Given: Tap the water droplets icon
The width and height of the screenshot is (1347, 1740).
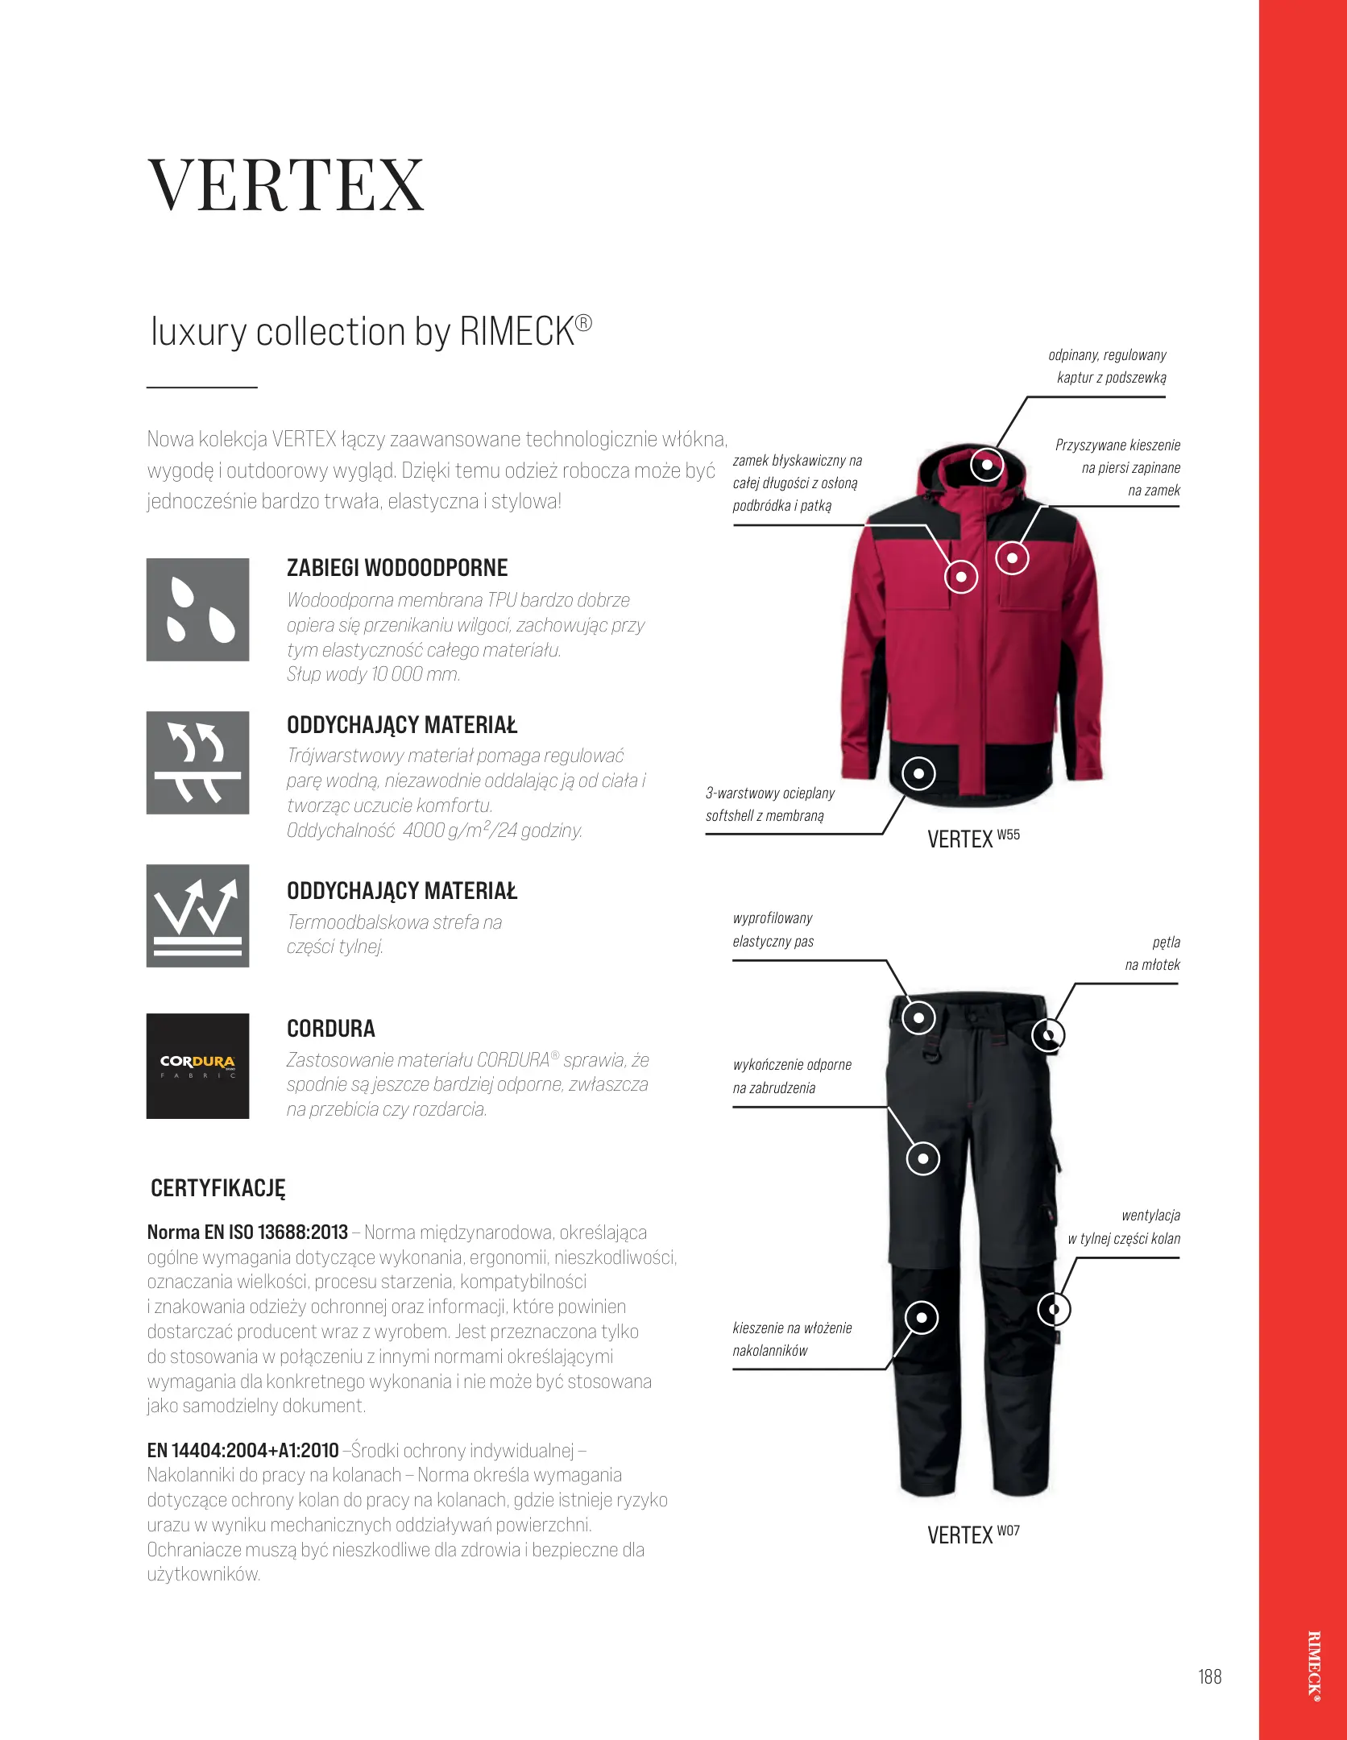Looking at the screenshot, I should pyautogui.click(x=197, y=610).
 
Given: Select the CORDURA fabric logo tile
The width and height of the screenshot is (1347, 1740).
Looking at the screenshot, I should pyautogui.click(x=197, y=1066).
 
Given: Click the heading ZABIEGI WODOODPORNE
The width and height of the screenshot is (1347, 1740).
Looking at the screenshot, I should pyautogui.click(x=397, y=568).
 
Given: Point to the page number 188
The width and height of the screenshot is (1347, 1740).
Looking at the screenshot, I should pyautogui.click(x=1209, y=1676).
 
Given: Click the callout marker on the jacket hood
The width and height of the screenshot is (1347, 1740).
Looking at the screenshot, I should pyautogui.click(x=986, y=465).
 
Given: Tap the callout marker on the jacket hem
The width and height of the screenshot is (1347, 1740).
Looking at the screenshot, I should pyautogui.click(x=918, y=774).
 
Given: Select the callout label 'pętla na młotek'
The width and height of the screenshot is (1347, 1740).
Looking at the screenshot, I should pyautogui.click(x=1153, y=953).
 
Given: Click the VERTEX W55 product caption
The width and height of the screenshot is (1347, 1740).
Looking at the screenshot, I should pyautogui.click(x=973, y=839).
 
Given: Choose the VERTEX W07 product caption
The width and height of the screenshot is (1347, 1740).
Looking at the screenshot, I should pyautogui.click(x=973, y=1535).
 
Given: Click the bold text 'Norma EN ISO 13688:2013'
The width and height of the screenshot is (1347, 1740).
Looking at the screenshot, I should pyautogui.click(x=247, y=1232).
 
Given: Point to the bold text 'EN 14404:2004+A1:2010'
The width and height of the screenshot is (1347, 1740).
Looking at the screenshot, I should pyautogui.click(x=242, y=1451).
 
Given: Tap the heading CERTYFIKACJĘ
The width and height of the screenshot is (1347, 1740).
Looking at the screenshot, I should pyautogui.click(x=218, y=1188).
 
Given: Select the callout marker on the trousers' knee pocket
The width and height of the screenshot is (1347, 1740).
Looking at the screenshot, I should pyautogui.click(x=922, y=1319).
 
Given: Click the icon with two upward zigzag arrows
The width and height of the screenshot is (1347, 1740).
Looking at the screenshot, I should pyautogui.click(x=197, y=916).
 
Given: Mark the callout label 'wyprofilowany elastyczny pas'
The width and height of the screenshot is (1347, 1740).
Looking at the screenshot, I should pyautogui.click(x=773, y=930).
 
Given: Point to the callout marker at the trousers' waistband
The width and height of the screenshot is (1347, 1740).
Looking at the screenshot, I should pyautogui.click(x=918, y=1017).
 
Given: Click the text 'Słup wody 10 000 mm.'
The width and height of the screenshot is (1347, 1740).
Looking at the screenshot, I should pyautogui.click(x=374, y=674).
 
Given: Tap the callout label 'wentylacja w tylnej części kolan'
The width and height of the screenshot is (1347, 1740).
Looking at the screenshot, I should pyautogui.click(x=1125, y=1227).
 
